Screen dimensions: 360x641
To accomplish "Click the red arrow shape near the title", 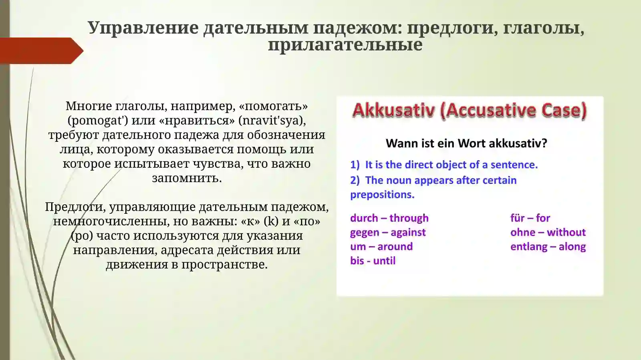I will point(40,51).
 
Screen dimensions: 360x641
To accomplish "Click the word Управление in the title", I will point(143,28).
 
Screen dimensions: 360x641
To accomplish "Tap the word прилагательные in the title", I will point(345,44).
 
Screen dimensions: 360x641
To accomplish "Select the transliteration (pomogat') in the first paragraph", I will point(98,120).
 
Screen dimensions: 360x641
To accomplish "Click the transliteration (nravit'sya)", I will point(272,120).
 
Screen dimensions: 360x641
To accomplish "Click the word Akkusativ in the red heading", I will point(393,110).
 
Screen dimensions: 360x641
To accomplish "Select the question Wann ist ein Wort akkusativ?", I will point(466,143).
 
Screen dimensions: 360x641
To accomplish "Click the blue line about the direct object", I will point(444,165).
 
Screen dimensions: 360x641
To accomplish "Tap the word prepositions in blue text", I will point(382,195).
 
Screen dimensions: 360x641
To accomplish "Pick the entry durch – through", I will point(389,218).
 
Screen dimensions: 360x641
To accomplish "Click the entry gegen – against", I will point(387,232).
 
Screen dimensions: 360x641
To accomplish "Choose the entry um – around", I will point(381,246).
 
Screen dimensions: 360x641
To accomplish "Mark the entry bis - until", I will point(373,261).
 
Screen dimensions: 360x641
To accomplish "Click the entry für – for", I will point(530,218).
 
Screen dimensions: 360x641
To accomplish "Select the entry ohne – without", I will point(548,232).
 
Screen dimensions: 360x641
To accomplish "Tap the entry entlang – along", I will point(548,246).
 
